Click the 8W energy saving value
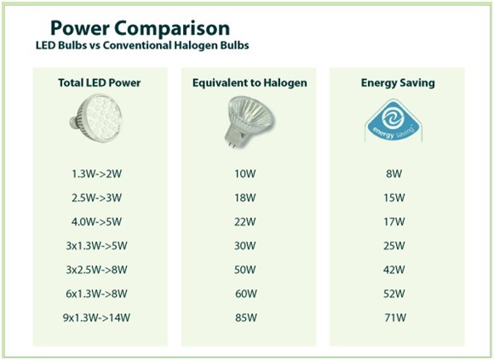click(393, 174)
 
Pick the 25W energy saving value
click(393, 246)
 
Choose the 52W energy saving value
click(393, 294)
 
